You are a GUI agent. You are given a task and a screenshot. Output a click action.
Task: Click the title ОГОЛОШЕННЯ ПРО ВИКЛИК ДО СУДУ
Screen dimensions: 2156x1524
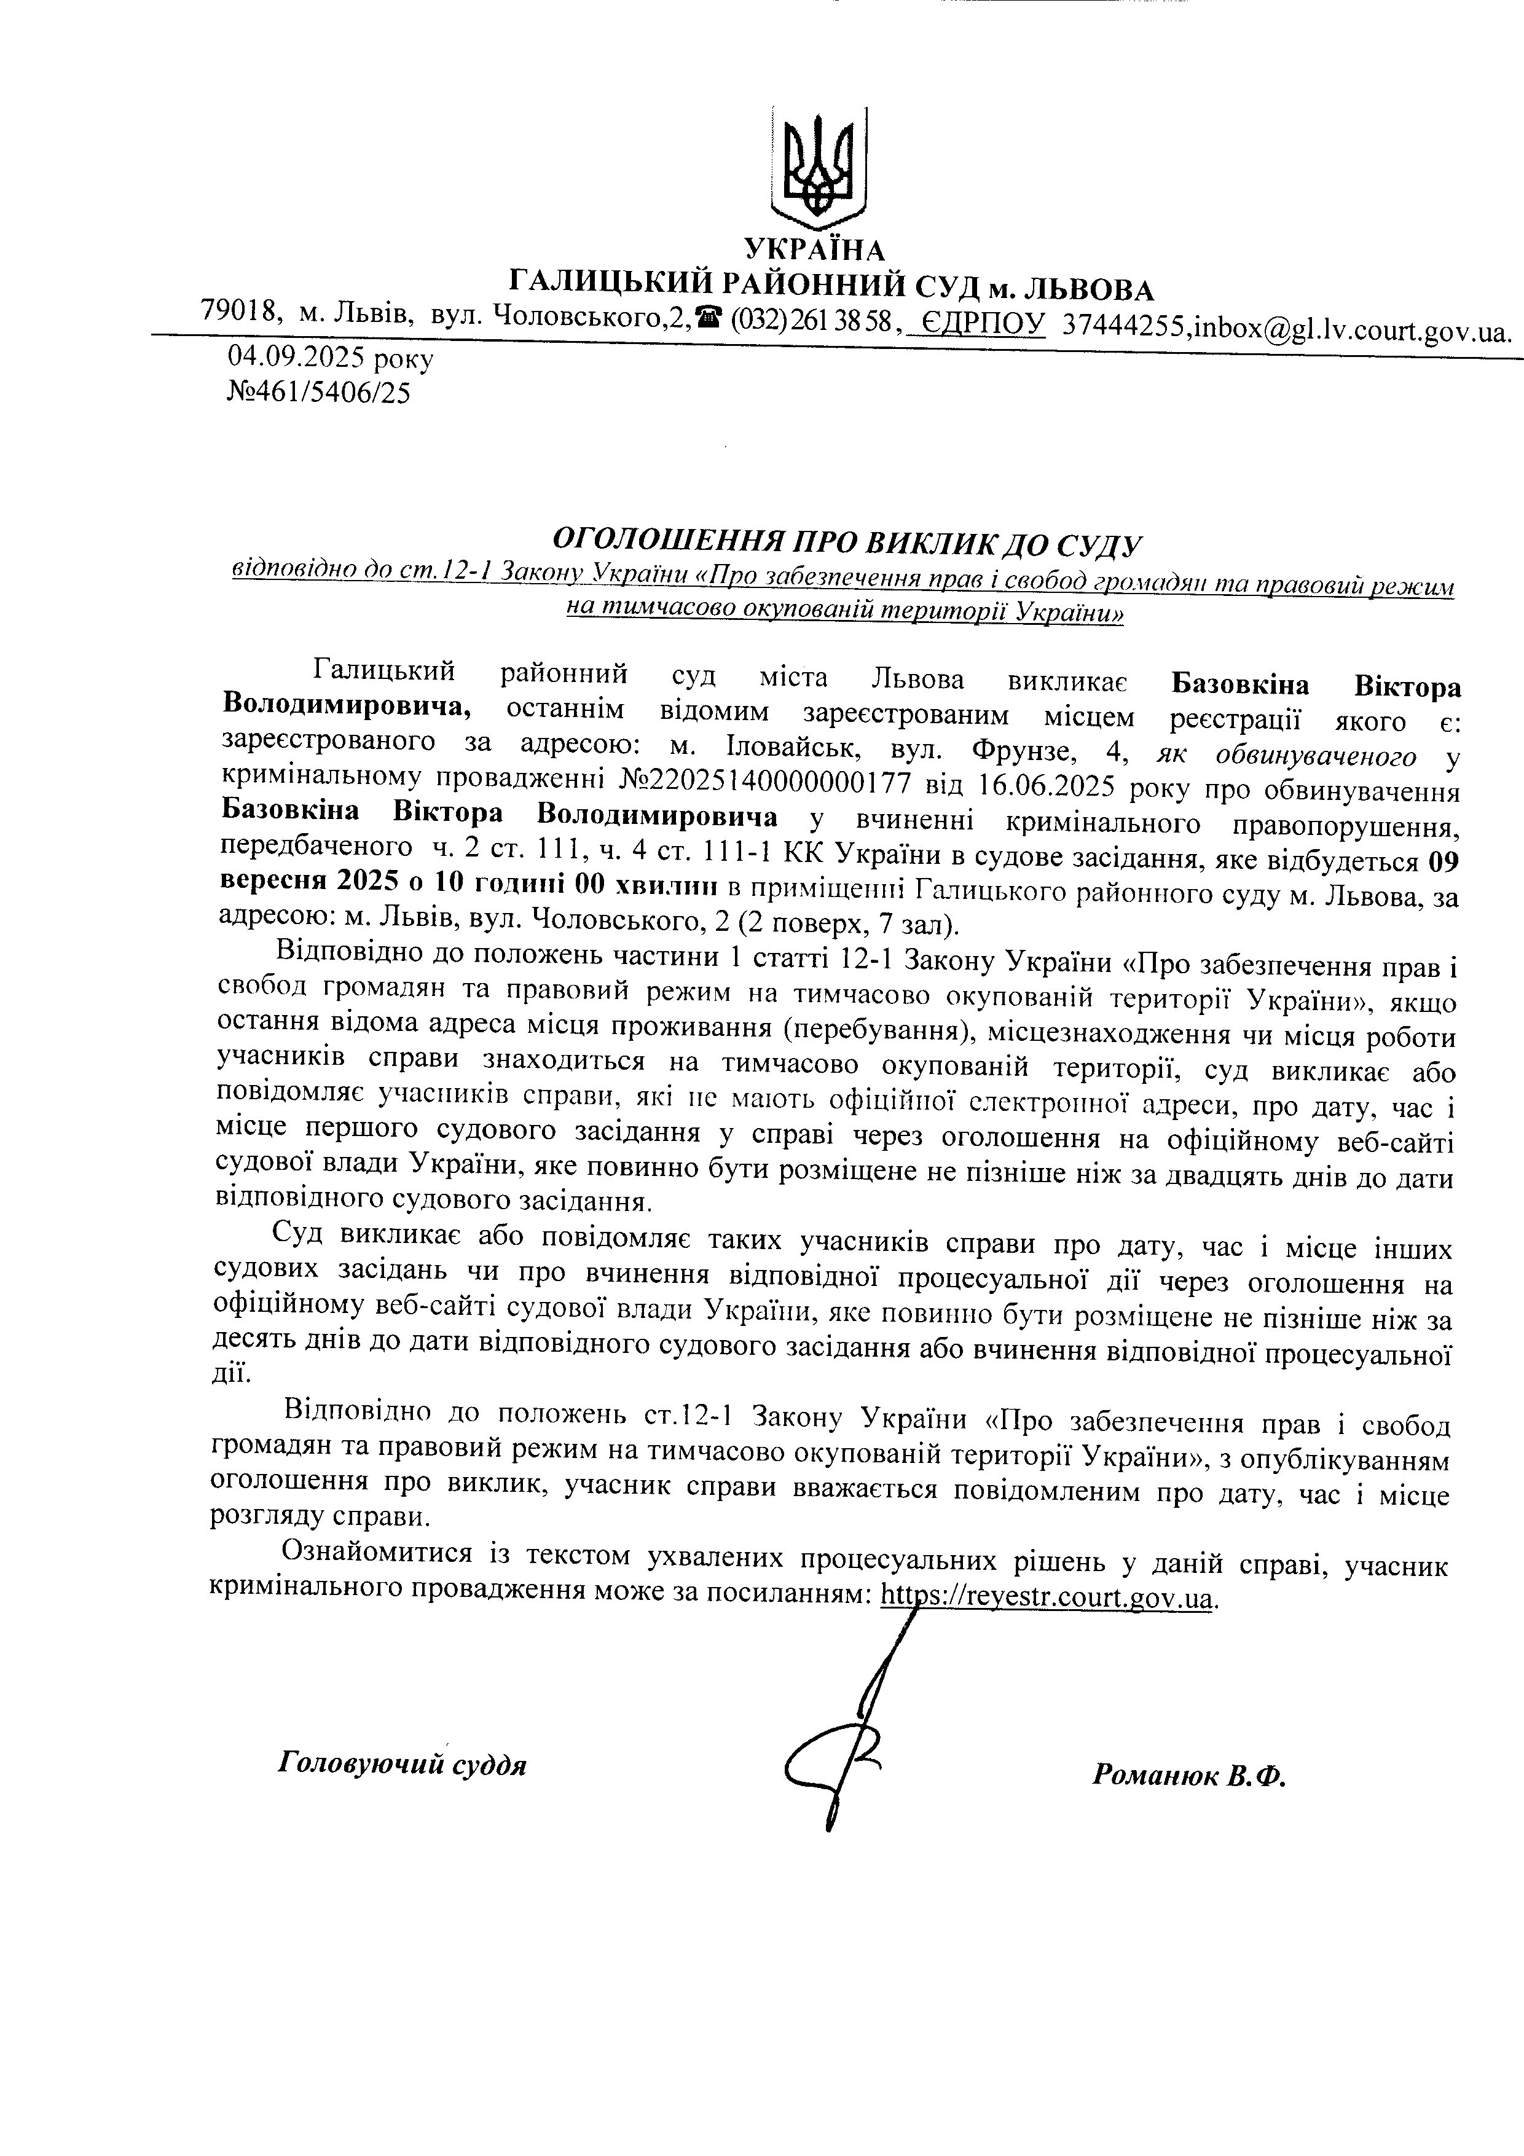(845, 542)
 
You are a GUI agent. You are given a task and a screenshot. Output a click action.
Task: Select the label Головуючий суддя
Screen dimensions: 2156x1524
(402, 1765)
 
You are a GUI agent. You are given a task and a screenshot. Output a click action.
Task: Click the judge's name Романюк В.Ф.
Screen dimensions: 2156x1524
(1188, 1775)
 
